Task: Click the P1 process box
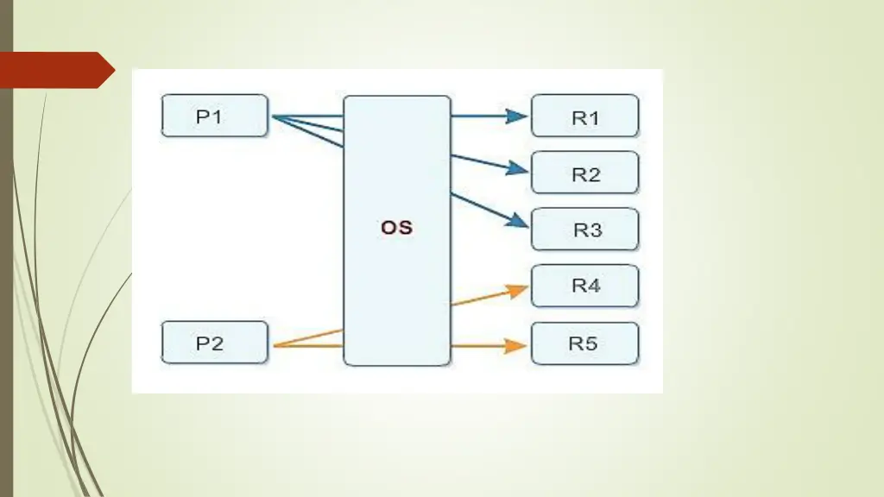215,116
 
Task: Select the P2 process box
215,343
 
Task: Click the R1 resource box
584,116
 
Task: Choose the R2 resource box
584,173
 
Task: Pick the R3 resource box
584,230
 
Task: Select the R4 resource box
584,286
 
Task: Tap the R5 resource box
584,343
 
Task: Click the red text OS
397,229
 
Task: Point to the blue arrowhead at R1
518,116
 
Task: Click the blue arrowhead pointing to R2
518,170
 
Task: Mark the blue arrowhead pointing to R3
518,222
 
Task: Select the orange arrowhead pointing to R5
518,346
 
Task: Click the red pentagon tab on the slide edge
54,70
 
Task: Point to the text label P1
210,116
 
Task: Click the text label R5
584,343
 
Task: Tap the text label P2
210,343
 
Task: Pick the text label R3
587,230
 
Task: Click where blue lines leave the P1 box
273,116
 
